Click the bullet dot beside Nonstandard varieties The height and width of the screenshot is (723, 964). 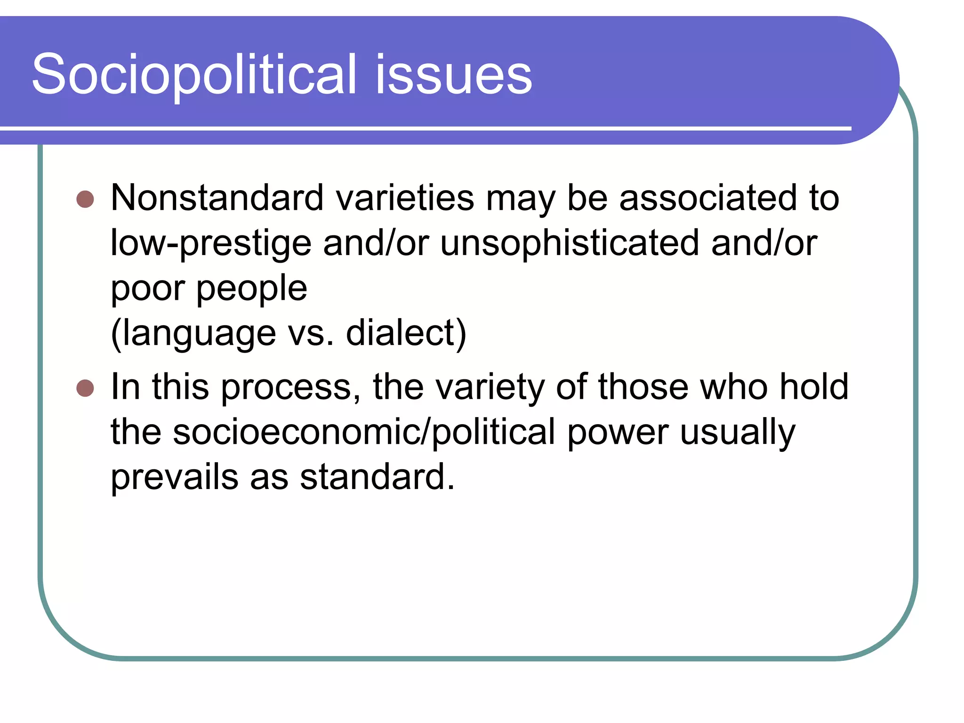coord(85,199)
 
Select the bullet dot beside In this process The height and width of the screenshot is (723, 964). coord(85,388)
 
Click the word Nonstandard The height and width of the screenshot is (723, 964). coord(217,198)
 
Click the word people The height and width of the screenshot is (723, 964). coord(251,289)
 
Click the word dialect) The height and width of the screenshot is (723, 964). coord(406,333)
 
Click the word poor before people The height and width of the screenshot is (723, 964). coord(148,289)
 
